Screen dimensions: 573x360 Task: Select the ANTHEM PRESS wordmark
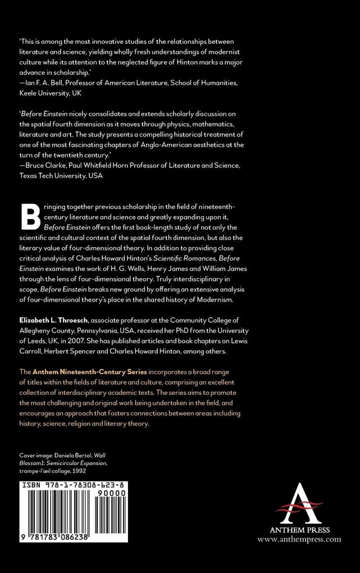(x=299, y=530)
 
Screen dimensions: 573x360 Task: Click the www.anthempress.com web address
(x=299, y=539)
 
